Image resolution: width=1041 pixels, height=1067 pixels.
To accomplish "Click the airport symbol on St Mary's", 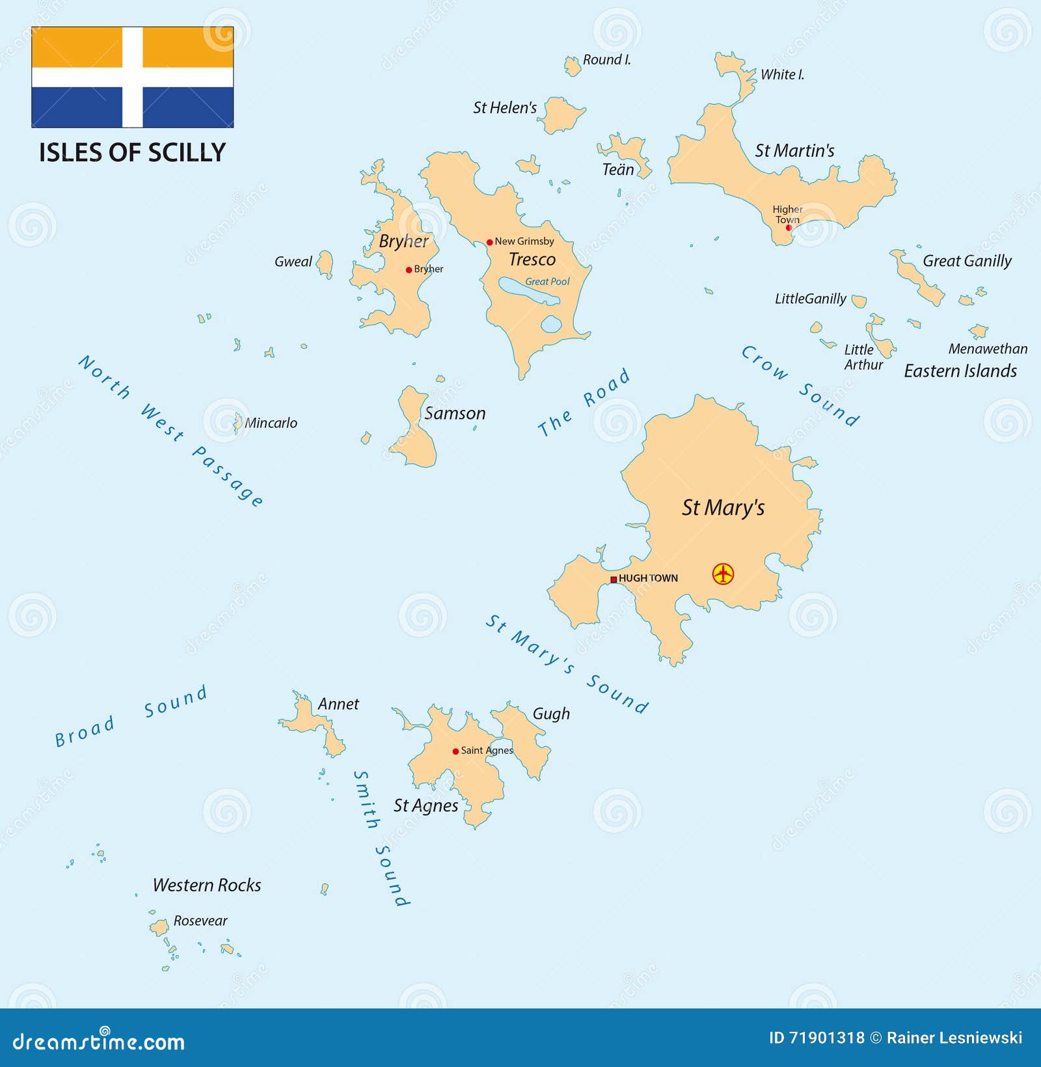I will [723, 574].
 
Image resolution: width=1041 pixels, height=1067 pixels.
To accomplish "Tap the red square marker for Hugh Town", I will [614, 579].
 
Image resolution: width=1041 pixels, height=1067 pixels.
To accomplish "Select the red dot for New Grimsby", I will [490, 242].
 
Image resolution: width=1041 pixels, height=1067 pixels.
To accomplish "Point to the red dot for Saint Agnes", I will [455, 751].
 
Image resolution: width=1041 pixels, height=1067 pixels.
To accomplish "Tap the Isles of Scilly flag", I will [133, 77].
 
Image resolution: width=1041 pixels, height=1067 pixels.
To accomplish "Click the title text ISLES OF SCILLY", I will [132, 153].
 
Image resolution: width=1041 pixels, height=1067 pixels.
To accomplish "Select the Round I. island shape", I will [573, 66].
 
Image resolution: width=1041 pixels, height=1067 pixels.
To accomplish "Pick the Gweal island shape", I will [325, 264].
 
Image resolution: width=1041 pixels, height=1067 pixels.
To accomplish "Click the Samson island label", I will [455, 414].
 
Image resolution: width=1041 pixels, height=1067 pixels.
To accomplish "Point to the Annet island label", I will [338, 704].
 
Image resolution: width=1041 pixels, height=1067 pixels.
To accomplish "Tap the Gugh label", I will [551, 714].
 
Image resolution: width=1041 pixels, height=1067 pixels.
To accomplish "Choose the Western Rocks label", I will [207, 885].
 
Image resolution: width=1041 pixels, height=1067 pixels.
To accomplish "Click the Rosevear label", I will [200, 921].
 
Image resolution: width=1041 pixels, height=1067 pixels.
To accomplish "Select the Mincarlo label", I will [271, 423].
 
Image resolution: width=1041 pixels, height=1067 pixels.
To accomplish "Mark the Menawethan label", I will [988, 349].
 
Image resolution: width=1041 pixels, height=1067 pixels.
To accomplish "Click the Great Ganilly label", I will [967, 261].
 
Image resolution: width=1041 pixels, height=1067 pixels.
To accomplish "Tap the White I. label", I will [783, 75].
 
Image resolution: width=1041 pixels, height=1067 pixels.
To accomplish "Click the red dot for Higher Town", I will [789, 228].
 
